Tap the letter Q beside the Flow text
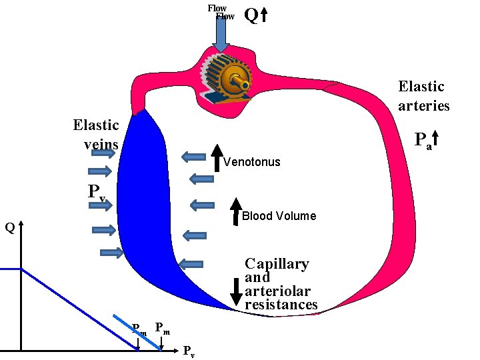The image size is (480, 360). (x=251, y=14)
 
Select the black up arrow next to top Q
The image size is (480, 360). (x=265, y=14)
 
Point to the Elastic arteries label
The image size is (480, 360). (x=423, y=96)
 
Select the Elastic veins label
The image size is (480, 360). (x=96, y=135)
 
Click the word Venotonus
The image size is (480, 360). (x=252, y=162)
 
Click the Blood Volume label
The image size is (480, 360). (x=279, y=216)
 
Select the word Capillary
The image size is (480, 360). (x=277, y=264)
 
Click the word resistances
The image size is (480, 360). (x=281, y=305)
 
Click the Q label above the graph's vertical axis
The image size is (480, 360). (x=10, y=228)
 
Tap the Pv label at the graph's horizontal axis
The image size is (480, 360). (x=189, y=351)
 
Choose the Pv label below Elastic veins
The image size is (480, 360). (x=97, y=192)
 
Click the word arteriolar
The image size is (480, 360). (x=277, y=291)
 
